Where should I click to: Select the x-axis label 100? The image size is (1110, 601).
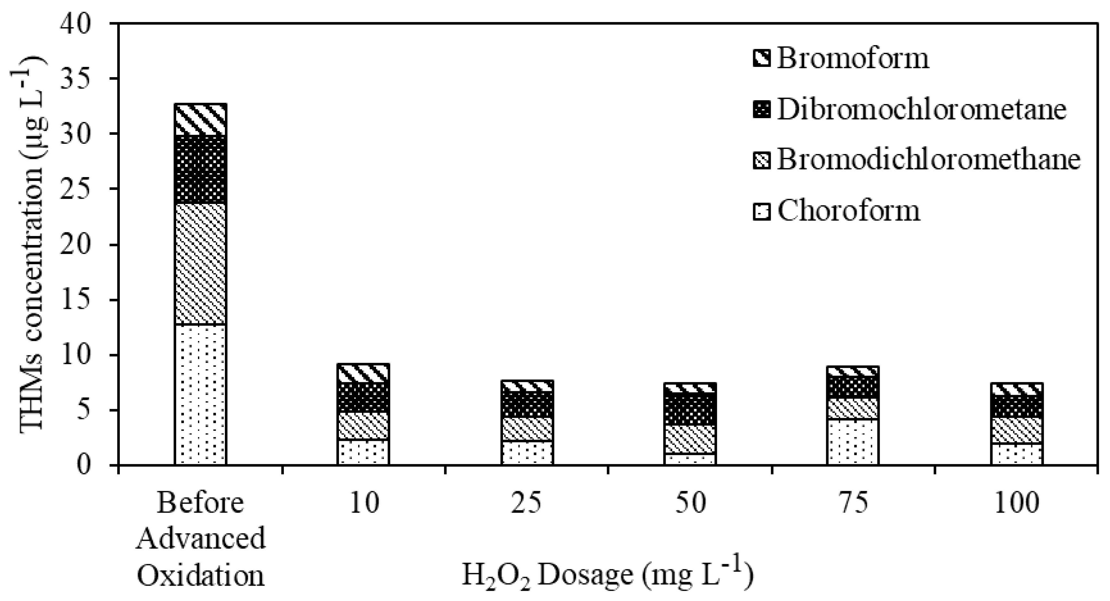pos(1016,503)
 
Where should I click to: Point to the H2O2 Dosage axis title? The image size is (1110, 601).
pos(608,575)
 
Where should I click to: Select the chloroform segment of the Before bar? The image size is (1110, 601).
pos(200,394)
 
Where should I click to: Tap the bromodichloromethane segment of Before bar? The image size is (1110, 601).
pos(200,264)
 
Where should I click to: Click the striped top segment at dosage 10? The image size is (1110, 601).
pos(363,373)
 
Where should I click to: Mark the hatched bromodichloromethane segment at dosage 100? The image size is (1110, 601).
pos(1016,430)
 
